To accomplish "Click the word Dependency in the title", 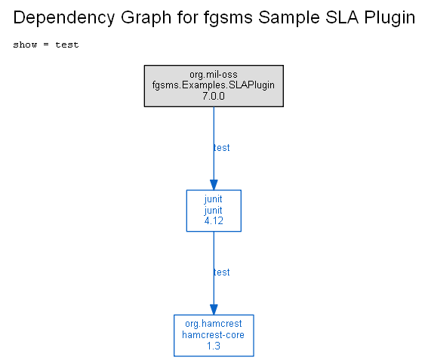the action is point(64,18).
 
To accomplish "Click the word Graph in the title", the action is point(146,18).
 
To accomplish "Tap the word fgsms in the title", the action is point(228,18).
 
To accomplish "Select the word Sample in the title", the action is point(289,18).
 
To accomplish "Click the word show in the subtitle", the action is point(25,45).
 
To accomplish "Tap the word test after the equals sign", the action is point(67,45).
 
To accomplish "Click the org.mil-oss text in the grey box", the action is point(214,75).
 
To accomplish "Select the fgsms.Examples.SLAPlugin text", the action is point(214,85).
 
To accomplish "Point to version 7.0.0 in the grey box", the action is point(214,96).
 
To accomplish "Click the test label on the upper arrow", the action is point(222,148).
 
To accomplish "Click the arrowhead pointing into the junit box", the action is point(214,184).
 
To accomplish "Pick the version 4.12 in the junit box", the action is point(214,220).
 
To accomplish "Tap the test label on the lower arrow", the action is point(222,272).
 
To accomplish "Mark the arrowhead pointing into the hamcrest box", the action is point(214,309).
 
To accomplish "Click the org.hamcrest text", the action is point(214,324).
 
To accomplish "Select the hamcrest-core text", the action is point(214,334).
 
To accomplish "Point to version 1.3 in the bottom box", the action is point(214,346).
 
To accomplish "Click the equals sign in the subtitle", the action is point(46,45).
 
